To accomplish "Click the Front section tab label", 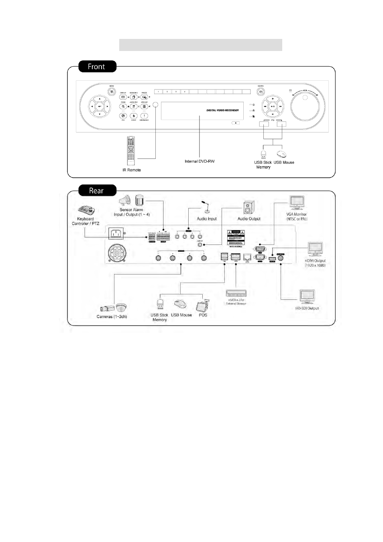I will coord(96,67).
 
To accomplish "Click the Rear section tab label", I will coord(96,191).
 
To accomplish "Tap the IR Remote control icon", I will coord(131,151).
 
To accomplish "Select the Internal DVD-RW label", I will coord(200,161).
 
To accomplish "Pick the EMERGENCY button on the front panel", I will coord(144,116).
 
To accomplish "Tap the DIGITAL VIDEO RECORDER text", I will coord(222,110).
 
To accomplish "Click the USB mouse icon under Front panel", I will coord(281,154).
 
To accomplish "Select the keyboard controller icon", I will coord(87,211).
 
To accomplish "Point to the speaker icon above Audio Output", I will coord(249,208).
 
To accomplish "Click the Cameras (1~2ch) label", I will coord(112,317).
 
